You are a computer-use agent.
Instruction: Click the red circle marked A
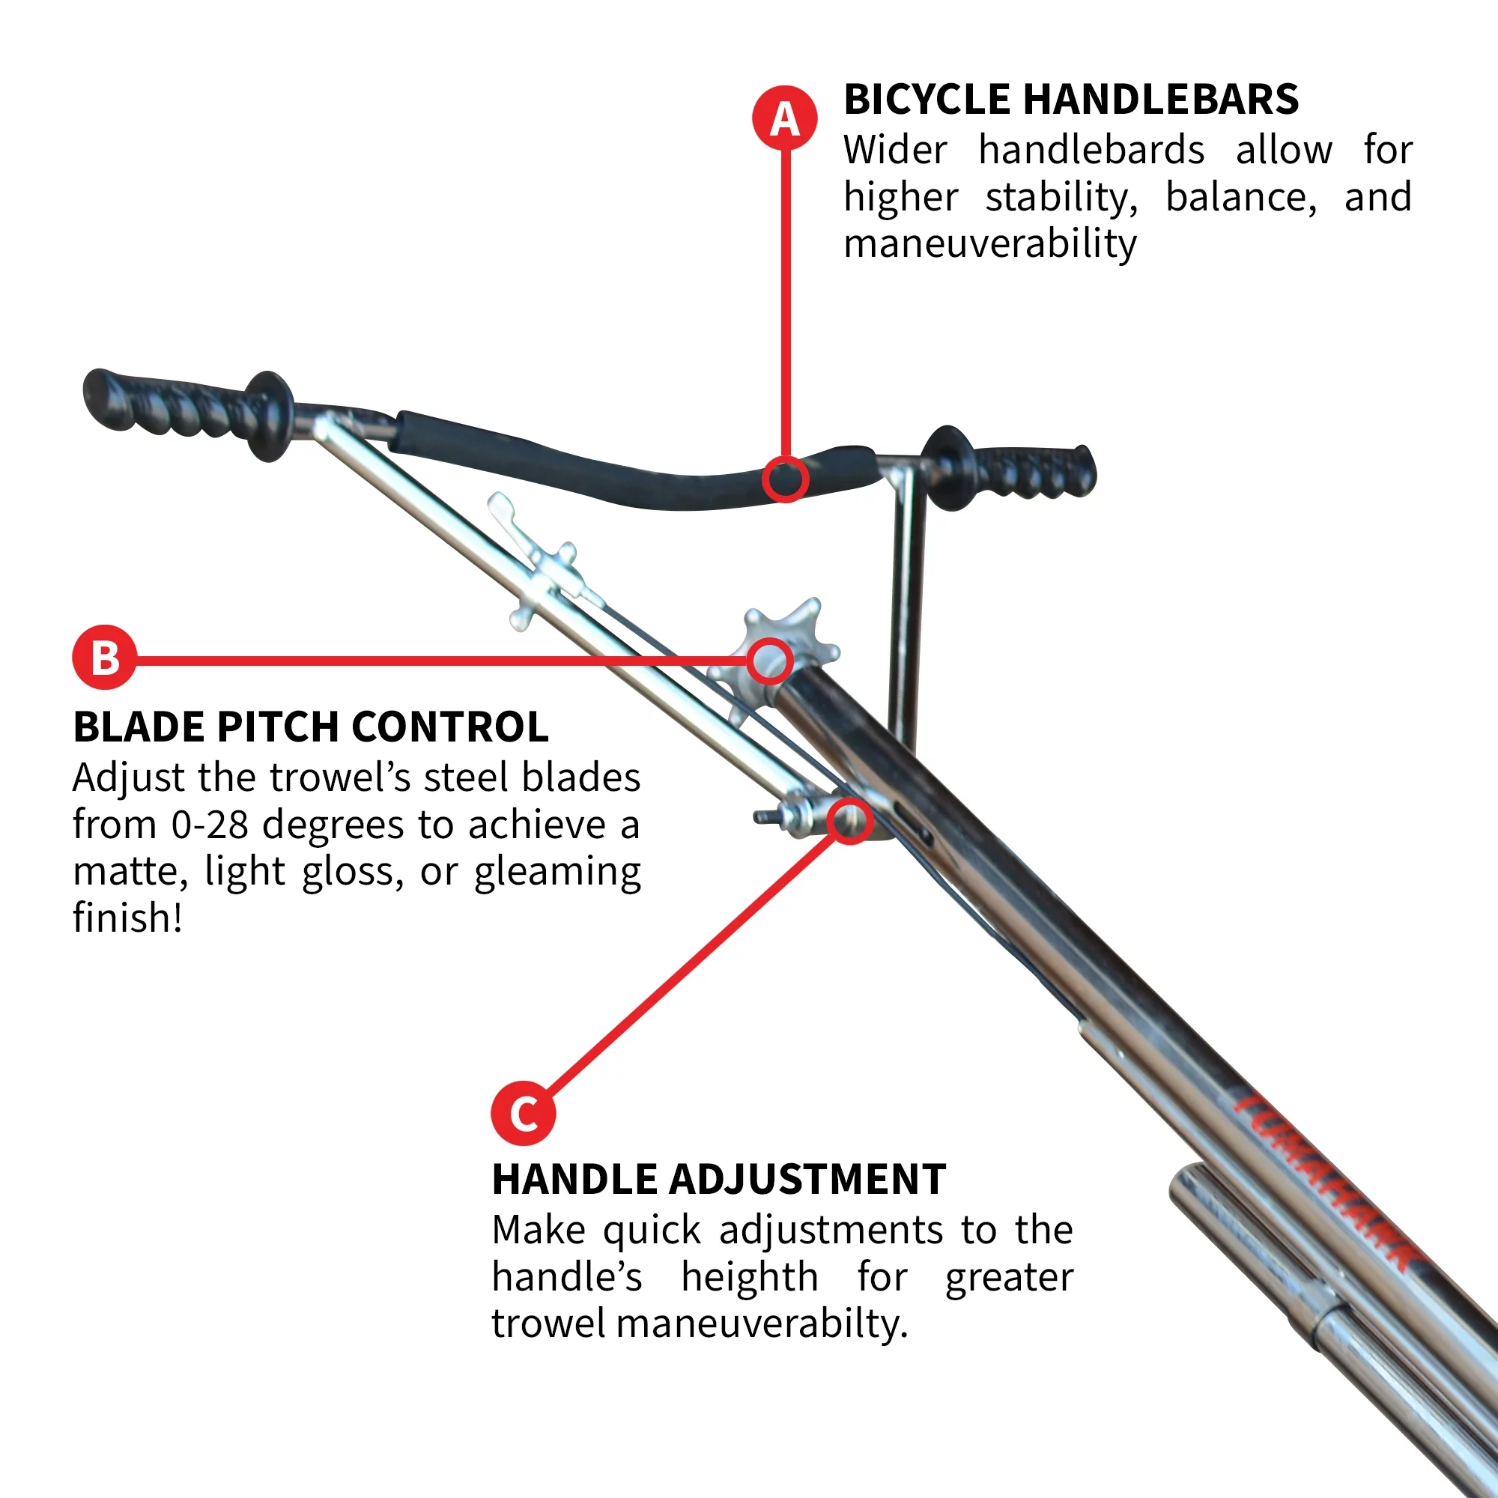coord(785,118)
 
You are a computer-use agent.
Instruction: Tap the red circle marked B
coord(105,658)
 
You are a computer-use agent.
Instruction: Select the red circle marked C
coord(524,1115)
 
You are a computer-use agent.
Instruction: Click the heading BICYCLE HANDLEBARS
coord(1071,100)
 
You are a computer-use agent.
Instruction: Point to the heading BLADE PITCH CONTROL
coord(311,727)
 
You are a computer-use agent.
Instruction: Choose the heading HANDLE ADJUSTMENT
coord(719,1180)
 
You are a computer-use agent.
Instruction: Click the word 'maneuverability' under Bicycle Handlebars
coord(990,244)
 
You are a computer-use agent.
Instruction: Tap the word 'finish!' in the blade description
coord(128,918)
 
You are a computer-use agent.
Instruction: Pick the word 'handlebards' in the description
coord(1091,150)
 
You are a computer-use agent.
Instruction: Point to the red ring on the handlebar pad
coord(786,479)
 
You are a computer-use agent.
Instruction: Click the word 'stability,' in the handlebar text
coord(1061,198)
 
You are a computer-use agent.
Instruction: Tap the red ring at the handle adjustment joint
coord(850,820)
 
